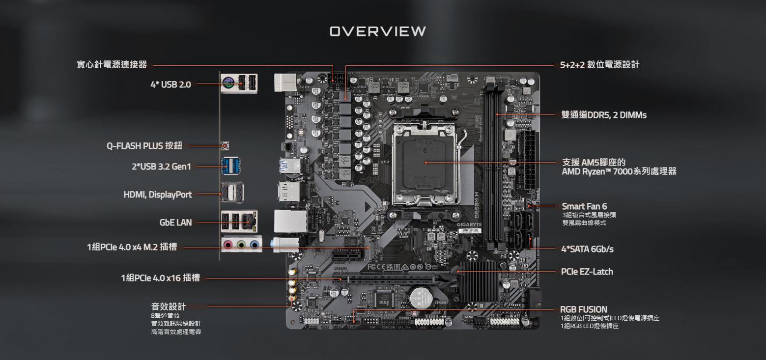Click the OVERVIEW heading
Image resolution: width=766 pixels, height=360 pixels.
pos(378,31)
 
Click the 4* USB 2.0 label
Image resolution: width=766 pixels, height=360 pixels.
pos(171,84)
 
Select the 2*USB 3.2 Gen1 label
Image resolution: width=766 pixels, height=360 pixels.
pos(161,166)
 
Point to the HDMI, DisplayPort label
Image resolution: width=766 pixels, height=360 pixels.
pos(158,194)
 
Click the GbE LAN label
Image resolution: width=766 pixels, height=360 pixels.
pos(176,222)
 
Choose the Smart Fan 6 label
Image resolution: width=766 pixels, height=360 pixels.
pos(584,206)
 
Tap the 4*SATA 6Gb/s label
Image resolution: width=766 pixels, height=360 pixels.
pos(588,249)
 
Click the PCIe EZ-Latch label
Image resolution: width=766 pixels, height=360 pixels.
pos(587,272)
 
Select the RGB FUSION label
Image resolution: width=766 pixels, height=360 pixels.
pos(584,309)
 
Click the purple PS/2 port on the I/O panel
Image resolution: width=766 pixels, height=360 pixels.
pos(228,83)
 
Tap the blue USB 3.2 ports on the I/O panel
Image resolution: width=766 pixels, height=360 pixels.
pos(230,166)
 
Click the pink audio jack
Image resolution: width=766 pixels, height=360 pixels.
pos(228,244)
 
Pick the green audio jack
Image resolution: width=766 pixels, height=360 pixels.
pos(241,244)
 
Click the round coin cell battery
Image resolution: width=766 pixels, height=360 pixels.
pos(421,298)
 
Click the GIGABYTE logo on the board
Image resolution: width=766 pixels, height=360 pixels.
pos(469,224)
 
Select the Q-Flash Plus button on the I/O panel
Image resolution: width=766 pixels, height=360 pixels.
pos(225,146)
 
